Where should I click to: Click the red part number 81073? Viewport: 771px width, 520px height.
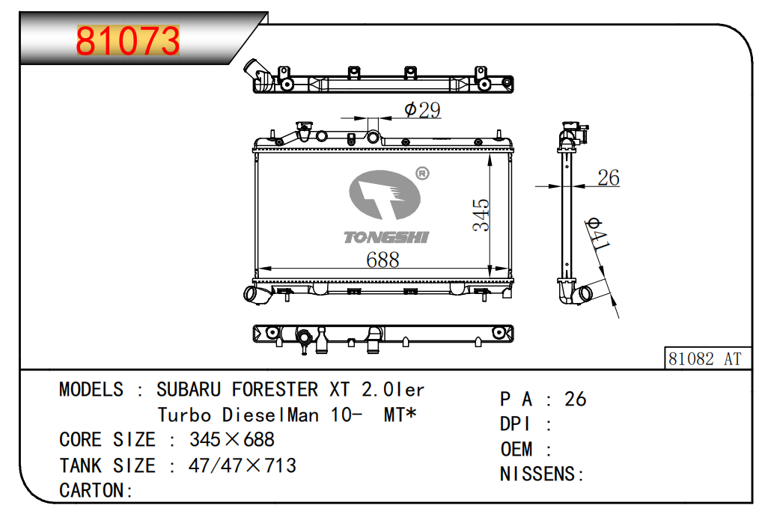pyautogui.click(x=128, y=41)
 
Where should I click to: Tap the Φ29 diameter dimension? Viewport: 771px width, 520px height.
pyautogui.click(x=421, y=110)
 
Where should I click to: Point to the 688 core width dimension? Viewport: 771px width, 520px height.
pyautogui.click(x=382, y=260)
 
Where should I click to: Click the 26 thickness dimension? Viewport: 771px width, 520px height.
pyautogui.click(x=608, y=178)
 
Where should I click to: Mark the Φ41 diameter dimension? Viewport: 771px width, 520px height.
pyautogui.click(x=597, y=235)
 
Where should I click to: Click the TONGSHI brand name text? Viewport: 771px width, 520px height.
pyautogui.click(x=385, y=237)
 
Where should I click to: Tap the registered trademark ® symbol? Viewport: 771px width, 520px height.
pyautogui.click(x=421, y=174)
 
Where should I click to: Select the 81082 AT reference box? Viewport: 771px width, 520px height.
pyautogui.click(x=704, y=359)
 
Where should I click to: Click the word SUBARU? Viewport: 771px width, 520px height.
pyautogui.click(x=189, y=390)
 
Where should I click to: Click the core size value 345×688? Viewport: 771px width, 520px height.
pyautogui.click(x=232, y=439)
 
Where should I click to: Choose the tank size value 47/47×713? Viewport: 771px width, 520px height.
pyautogui.click(x=243, y=465)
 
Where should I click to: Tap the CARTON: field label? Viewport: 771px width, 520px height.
pyautogui.click(x=96, y=491)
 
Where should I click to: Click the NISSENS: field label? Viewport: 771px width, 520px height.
pyautogui.click(x=541, y=474)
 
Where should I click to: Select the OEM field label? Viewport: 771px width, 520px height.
pyautogui.click(x=516, y=449)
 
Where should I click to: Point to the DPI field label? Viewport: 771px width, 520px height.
pyautogui.click(x=515, y=424)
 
